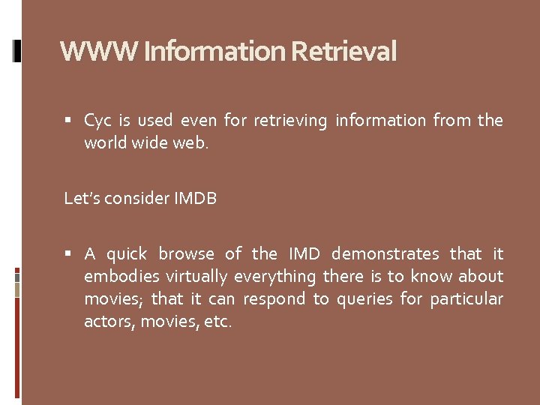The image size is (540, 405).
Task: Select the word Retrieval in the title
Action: click(343, 52)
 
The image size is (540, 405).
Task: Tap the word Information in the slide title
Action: click(214, 52)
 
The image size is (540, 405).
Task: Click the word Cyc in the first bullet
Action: click(97, 121)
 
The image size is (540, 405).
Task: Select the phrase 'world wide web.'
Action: click(146, 143)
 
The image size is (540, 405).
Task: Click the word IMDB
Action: click(195, 199)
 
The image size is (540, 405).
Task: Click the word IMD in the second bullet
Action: click(305, 254)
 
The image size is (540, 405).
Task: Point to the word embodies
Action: click(115, 277)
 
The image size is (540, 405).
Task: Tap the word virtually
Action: click(196, 277)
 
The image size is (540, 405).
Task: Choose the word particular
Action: click(466, 299)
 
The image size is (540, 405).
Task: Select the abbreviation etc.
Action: click(218, 322)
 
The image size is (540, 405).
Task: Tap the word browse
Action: click(186, 254)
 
